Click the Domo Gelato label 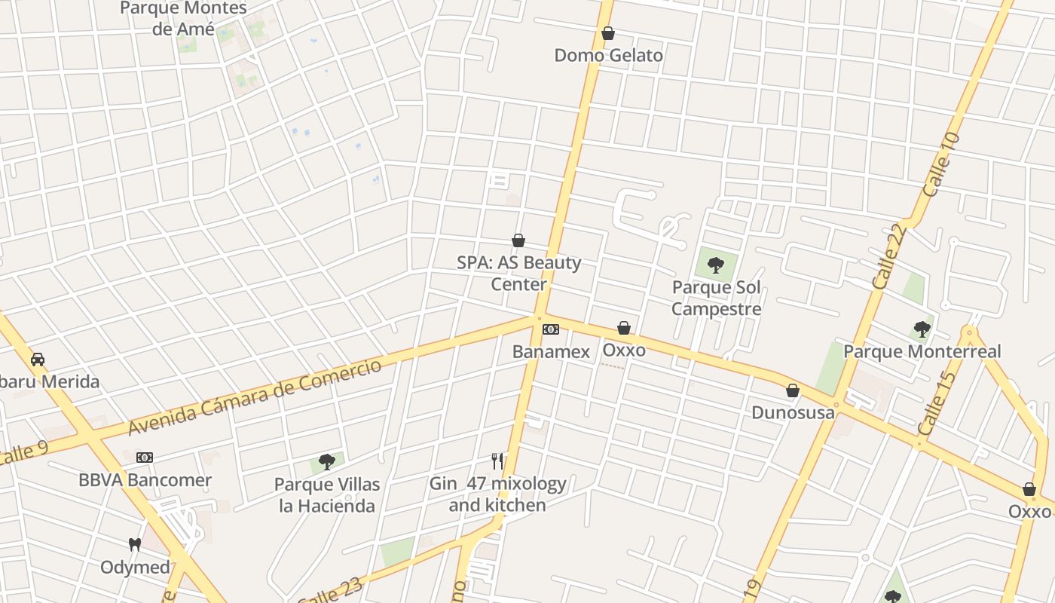pos(608,55)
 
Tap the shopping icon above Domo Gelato pos(608,33)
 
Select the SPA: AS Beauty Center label pos(518,273)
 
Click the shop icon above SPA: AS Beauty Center pos(518,240)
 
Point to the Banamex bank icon pos(551,329)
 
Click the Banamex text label pos(551,351)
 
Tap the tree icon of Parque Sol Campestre pos(716,265)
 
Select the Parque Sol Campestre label pos(716,298)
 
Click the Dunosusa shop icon pos(793,390)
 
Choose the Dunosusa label pos(793,412)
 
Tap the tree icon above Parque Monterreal pos(922,329)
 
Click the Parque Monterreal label pos(922,351)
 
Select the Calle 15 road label pos(937,402)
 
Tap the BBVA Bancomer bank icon pos(145,458)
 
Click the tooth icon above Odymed pos(135,544)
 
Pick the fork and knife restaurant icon pos(497,461)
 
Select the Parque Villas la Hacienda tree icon pos(327,461)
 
